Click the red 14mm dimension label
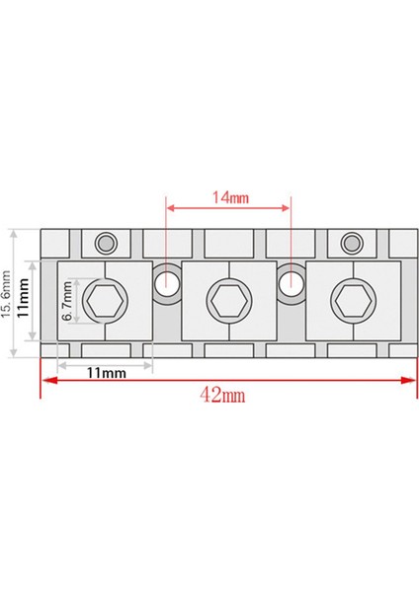[229, 196]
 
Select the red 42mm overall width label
[222, 395]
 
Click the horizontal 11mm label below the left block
[106, 373]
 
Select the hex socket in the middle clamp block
[228, 297]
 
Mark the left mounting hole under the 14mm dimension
[166, 283]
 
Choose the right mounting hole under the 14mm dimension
[291, 283]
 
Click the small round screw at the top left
[104, 242]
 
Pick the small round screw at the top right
[352, 242]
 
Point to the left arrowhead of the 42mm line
[43, 379]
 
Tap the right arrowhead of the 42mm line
[412, 379]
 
